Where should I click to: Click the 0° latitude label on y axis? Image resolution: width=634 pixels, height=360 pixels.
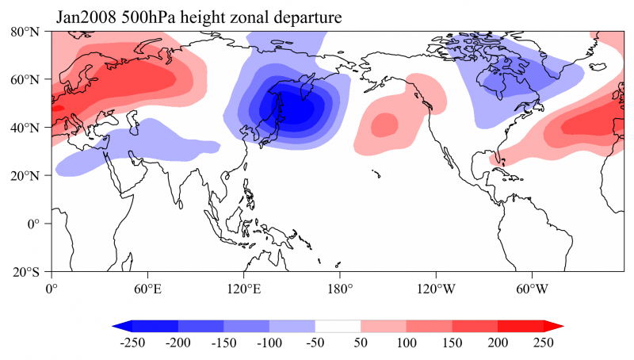point(35,224)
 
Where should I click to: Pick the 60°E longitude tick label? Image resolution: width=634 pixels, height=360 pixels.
point(148,288)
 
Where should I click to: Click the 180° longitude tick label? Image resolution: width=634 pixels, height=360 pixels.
point(340,288)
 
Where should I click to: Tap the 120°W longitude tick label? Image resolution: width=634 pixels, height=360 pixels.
point(435,288)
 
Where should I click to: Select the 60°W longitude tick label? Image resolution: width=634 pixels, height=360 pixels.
point(532,288)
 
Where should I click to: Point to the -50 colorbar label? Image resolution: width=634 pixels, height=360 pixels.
point(315,343)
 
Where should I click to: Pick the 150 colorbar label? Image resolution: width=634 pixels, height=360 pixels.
point(453,343)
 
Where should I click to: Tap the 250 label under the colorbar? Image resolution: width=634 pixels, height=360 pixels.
point(543,343)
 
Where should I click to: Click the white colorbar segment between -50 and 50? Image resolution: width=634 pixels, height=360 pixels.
point(338,326)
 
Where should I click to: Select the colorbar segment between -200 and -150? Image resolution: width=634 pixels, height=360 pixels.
point(201,326)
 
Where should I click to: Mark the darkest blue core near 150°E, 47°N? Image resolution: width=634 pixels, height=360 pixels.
point(292,109)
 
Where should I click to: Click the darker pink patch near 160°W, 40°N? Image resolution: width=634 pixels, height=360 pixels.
point(384,125)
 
